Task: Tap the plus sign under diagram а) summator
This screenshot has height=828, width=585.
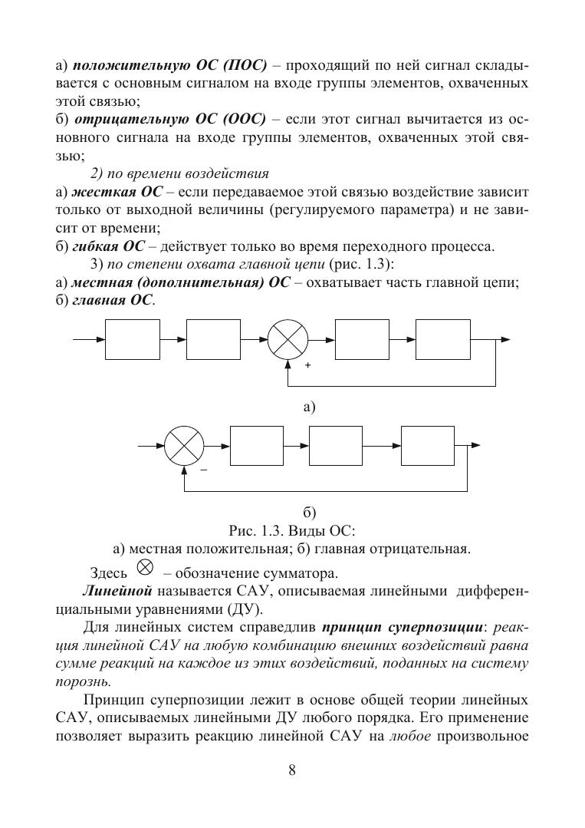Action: [307, 366]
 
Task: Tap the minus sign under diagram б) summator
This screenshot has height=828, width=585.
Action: [203, 469]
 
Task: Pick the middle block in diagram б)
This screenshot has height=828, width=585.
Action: [336, 444]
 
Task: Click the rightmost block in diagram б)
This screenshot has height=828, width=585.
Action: [426, 444]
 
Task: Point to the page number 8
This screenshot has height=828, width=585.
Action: [292, 770]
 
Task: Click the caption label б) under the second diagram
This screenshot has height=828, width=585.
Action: [310, 511]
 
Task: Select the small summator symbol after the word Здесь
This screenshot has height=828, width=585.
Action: [144, 567]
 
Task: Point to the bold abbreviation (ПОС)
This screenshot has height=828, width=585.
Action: [238, 64]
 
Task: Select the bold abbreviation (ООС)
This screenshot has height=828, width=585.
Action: [240, 119]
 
